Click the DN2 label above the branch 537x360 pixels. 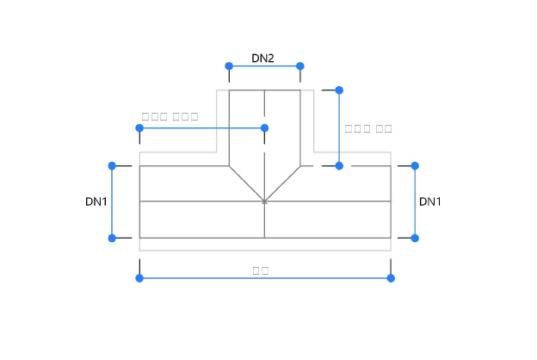tap(262, 58)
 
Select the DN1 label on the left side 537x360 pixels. tap(96, 202)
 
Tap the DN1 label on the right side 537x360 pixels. tap(430, 202)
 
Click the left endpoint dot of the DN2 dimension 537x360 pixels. tap(229, 66)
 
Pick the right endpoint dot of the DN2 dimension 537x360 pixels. tap(300, 66)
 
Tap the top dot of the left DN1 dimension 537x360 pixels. tap(112, 165)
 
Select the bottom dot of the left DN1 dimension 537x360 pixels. tap(112, 238)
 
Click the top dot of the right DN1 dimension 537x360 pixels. tap(415, 165)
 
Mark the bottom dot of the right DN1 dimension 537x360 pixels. tap(415, 238)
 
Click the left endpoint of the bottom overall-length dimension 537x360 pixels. tap(139, 278)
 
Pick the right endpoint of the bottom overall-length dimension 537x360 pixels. tap(391, 278)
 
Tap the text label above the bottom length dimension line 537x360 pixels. tap(261, 270)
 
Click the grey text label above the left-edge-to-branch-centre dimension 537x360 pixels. tap(170, 115)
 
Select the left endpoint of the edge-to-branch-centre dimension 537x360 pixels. tap(139, 128)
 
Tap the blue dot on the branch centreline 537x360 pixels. tap(264, 128)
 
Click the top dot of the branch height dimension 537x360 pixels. tap(339, 90)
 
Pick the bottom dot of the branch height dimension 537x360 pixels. tap(339, 165)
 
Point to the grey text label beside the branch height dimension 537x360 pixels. tap(368, 128)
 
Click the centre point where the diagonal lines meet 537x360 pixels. tap(264, 202)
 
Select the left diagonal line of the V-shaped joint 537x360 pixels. tap(246, 183)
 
